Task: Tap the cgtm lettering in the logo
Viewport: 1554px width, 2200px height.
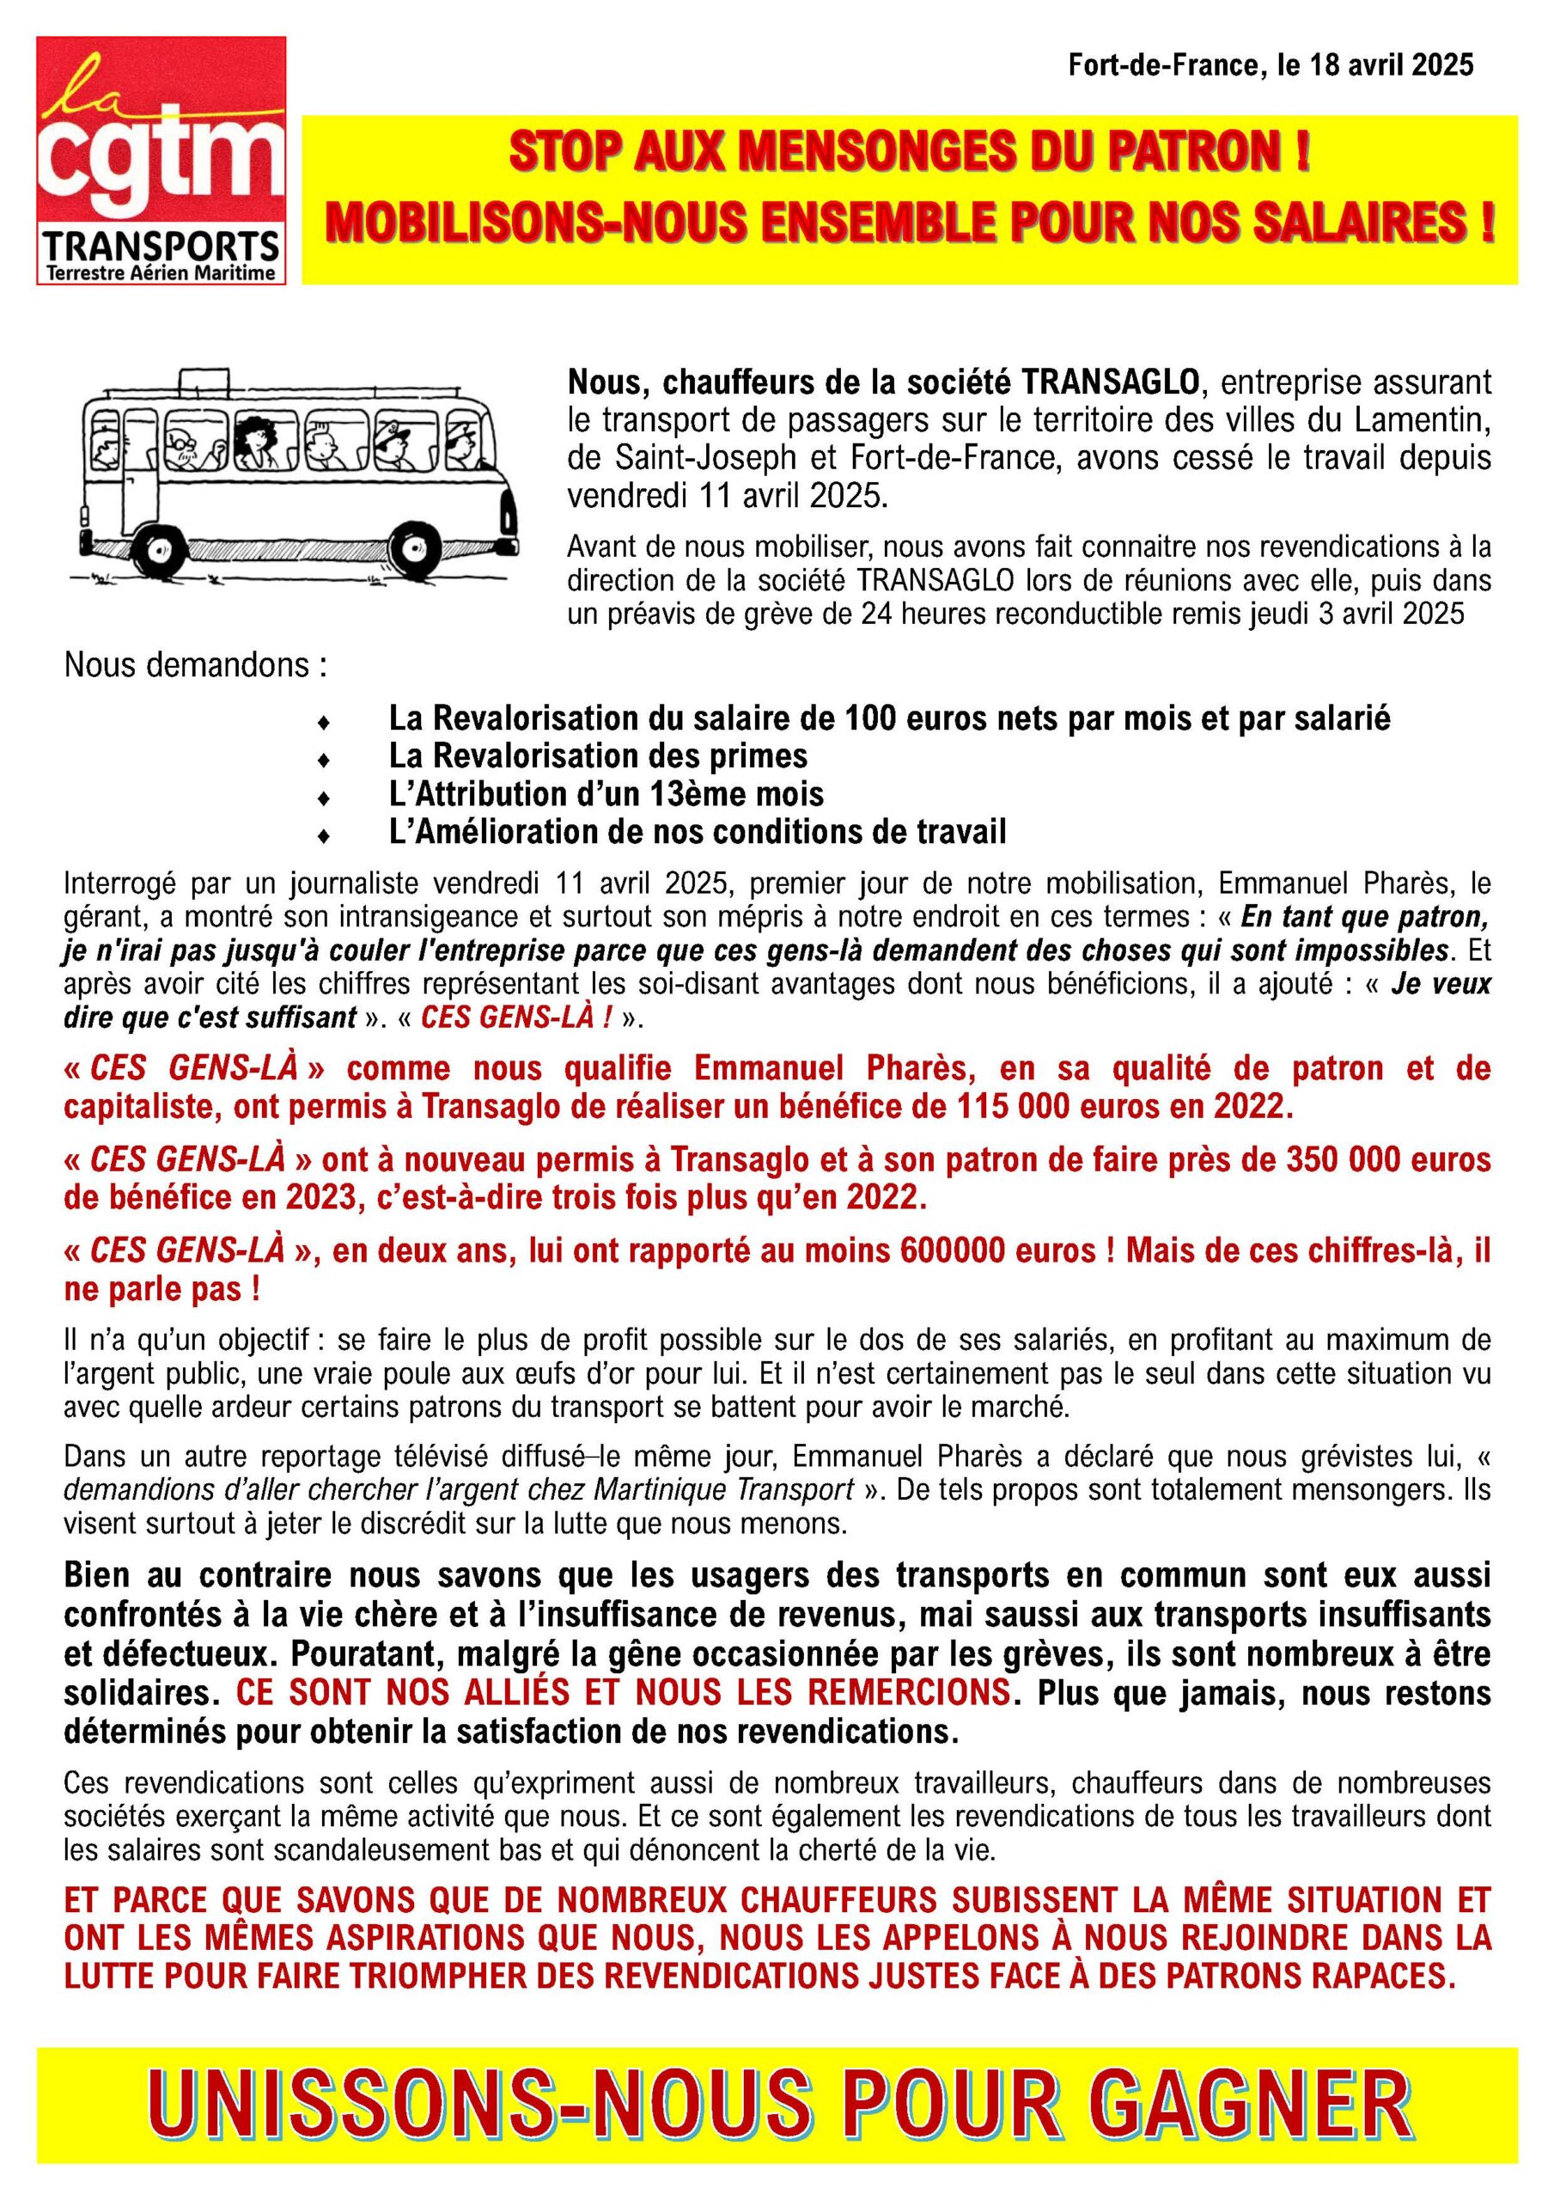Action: tap(161, 170)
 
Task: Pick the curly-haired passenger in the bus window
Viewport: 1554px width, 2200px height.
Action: tap(256, 442)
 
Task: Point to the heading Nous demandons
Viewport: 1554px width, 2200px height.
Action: tap(196, 665)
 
